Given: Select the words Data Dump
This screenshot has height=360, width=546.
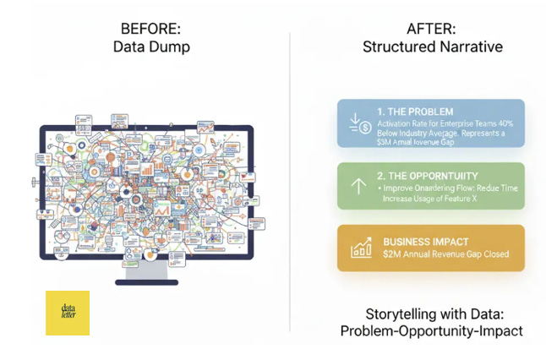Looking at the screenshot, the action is click(152, 47).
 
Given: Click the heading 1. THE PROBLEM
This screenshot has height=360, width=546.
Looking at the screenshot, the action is click(415, 112).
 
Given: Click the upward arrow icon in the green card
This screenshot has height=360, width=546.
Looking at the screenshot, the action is click(357, 186).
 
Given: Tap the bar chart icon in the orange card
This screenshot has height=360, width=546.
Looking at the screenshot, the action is click(361, 248).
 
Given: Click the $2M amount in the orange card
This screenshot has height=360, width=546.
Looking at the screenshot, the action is click(391, 254).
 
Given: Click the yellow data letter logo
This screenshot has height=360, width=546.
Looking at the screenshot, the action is click(68, 313).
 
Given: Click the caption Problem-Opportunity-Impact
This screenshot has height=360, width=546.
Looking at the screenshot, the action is click(431, 331).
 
